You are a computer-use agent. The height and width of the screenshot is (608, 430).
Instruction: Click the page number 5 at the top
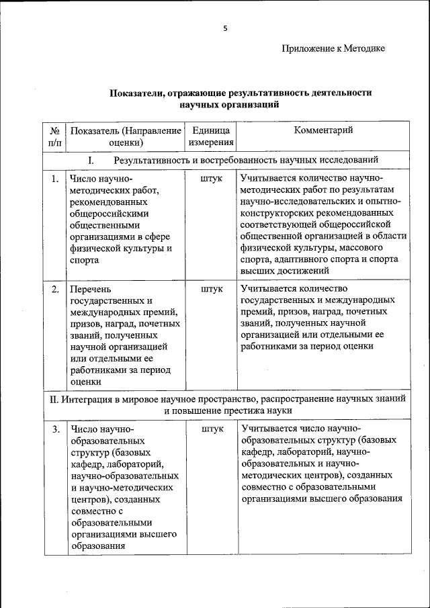click(226, 28)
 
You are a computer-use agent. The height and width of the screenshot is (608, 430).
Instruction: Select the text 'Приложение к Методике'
click(333, 48)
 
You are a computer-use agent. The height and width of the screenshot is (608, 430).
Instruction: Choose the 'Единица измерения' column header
click(211, 136)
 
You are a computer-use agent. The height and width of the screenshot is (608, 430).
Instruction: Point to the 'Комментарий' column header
click(323, 130)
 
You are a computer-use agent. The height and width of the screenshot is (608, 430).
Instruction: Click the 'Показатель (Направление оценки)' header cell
click(126, 136)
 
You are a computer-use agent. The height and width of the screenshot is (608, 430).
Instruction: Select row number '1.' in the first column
click(54, 179)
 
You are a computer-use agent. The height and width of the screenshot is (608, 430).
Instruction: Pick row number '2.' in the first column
click(54, 289)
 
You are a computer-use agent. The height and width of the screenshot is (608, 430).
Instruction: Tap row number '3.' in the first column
click(54, 429)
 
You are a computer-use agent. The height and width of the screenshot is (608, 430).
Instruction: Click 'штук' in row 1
click(211, 179)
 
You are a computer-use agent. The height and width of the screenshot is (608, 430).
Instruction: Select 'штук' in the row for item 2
click(211, 289)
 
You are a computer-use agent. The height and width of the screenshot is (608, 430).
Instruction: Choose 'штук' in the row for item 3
click(211, 429)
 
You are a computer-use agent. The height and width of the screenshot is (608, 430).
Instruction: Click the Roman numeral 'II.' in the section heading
click(56, 398)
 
